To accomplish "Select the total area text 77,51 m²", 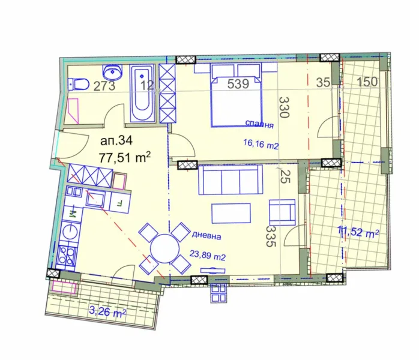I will click(x=125, y=158).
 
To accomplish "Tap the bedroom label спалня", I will click(x=259, y=125).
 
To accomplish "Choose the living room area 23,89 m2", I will click(x=207, y=257).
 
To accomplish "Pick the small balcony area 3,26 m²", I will click(x=107, y=313).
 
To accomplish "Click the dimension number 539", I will click(x=238, y=84).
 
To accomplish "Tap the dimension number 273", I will click(x=104, y=85).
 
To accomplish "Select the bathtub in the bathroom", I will click(x=143, y=92).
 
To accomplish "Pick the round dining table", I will click(x=165, y=247).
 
